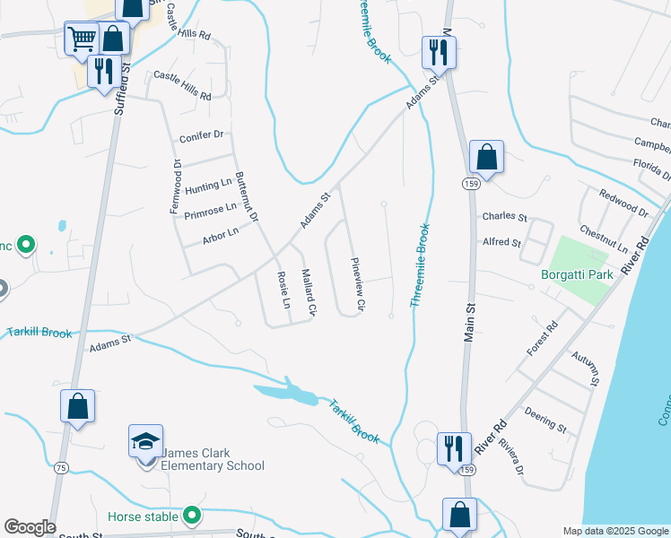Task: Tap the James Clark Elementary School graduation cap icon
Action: pyautogui.click(x=145, y=442)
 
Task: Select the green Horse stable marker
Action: pyautogui.click(x=191, y=516)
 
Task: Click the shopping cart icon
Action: pyautogui.click(x=82, y=39)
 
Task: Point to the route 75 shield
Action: pyautogui.click(x=61, y=467)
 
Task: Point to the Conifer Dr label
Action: pyautogui.click(x=201, y=135)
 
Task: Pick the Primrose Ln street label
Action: pyautogui.click(x=210, y=212)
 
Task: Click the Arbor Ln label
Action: pyautogui.click(x=221, y=234)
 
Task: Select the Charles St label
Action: pyautogui.click(x=504, y=216)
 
